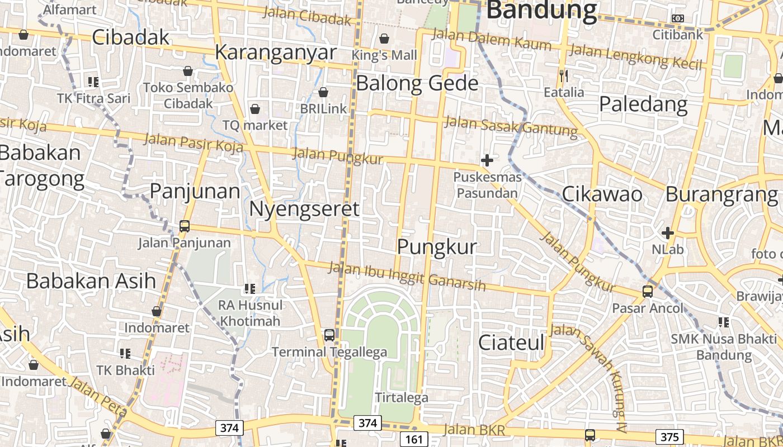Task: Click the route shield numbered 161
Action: [414, 439]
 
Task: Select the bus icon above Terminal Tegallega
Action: [329, 335]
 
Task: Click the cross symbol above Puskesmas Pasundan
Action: [487, 160]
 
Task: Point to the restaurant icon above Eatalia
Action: [564, 75]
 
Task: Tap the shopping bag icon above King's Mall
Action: [384, 39]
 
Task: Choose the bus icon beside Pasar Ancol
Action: [647, 291]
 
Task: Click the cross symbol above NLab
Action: [667, 232]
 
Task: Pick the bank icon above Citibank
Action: [678, 18]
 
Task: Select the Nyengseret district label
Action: [304, 209]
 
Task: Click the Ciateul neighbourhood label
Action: [511, 343]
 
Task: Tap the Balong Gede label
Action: [417, 83]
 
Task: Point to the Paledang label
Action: [643, 104]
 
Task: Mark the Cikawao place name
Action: [602, 194]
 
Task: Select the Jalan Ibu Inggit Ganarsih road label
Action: [407, 277]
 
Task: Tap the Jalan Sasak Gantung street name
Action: [511, 126]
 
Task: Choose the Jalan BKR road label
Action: [474, 430]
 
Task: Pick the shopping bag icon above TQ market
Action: [255, 108]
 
